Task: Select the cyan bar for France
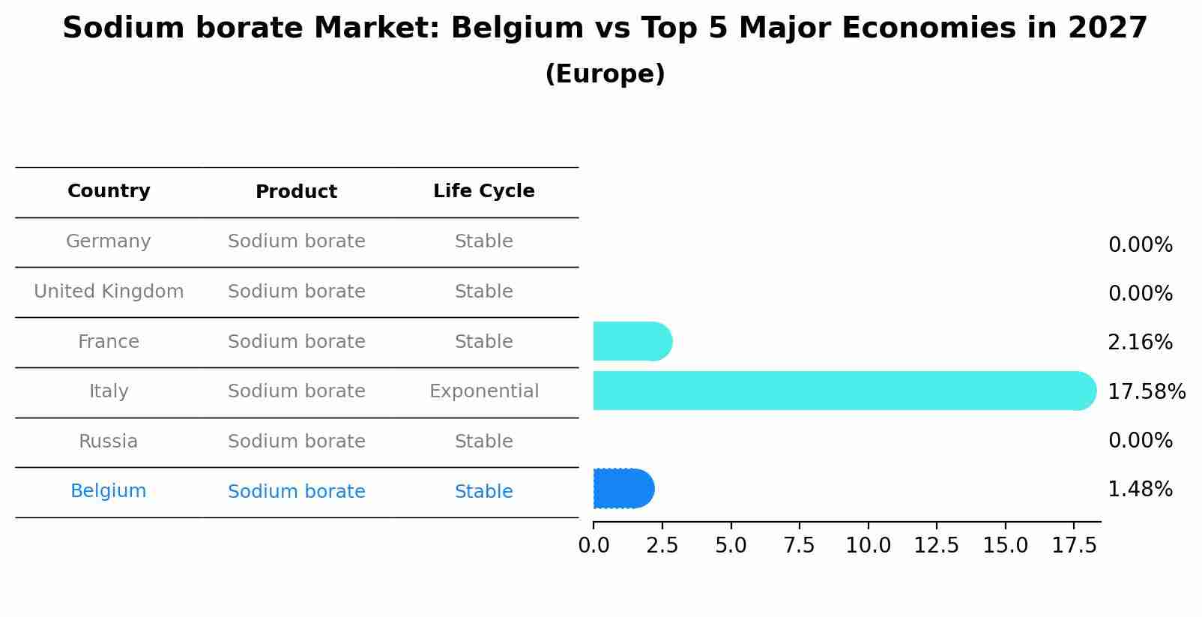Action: tap(632, 341)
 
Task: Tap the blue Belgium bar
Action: tap(623, 489)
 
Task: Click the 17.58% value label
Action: tap(1146, 391)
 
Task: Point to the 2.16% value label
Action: tap(1139, 343)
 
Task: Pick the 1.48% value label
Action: tap(1139, 490)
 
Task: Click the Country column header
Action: tap(109, 191)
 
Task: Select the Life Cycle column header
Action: tap(483, 191)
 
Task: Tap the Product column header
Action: tap(296, 192)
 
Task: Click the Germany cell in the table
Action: tap(109, 241)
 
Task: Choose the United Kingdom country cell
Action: tap(109, 292)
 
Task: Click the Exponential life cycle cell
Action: tap(483, 391)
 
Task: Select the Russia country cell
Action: tap(109, 442)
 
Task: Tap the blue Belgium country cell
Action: tap(109, 491)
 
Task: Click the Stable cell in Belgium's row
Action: tap(483, 492)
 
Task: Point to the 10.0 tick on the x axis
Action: tap(868, 546)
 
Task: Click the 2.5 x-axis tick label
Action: tap(662, 546)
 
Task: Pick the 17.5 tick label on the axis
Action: tap(1074, 546)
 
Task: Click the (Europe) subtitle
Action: tap(605, 74)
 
